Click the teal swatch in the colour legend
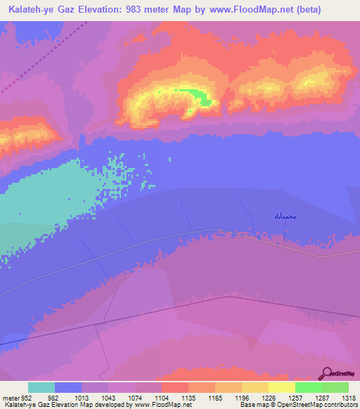41,387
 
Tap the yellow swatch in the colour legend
281,387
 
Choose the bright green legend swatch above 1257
308,387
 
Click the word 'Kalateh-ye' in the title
28,10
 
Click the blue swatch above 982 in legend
68,387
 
